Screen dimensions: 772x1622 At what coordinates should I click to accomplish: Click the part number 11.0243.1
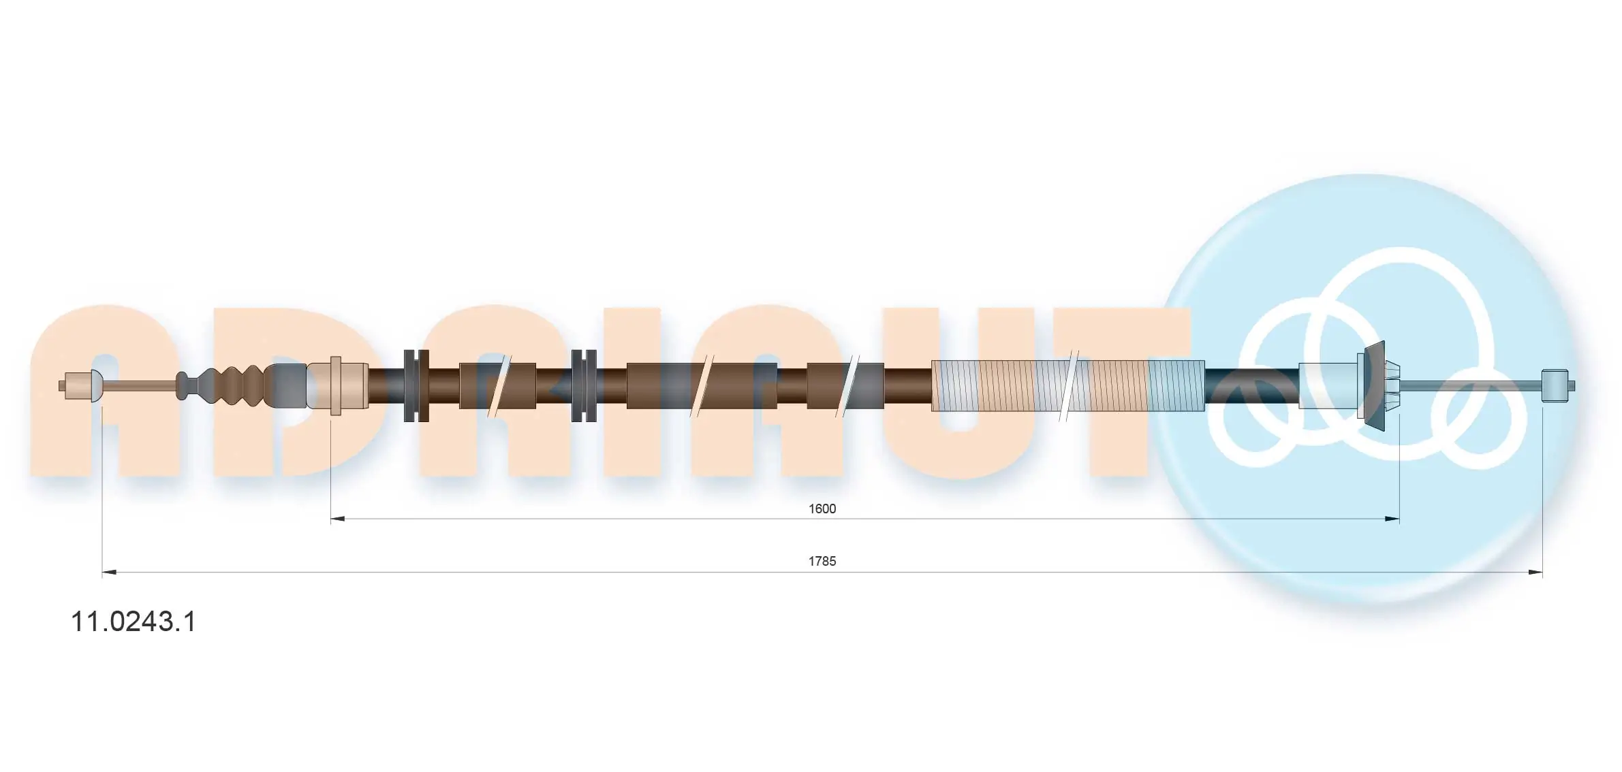tap(134, 622)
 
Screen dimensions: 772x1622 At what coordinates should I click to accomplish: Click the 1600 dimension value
tap(822, 509)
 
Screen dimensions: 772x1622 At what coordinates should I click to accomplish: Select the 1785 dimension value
tap(822, 561)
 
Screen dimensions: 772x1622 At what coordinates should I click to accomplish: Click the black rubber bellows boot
tap(232, 385)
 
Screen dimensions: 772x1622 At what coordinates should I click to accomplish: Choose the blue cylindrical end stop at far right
tap(1555, 386)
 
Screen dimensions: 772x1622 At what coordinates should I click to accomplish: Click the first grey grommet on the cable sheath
tap(416, 386)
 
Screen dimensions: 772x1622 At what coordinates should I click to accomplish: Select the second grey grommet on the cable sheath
tap(584, 386)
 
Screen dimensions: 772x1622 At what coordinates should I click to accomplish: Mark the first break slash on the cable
tap(499, 386)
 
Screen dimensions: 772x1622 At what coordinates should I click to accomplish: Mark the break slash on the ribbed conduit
tap(1068, 386)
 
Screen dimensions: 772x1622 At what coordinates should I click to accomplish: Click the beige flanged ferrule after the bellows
tap(337, 386)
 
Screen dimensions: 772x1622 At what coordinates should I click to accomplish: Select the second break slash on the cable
tap(702, 386)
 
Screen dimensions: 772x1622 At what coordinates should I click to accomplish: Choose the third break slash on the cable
tap(847, 386)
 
